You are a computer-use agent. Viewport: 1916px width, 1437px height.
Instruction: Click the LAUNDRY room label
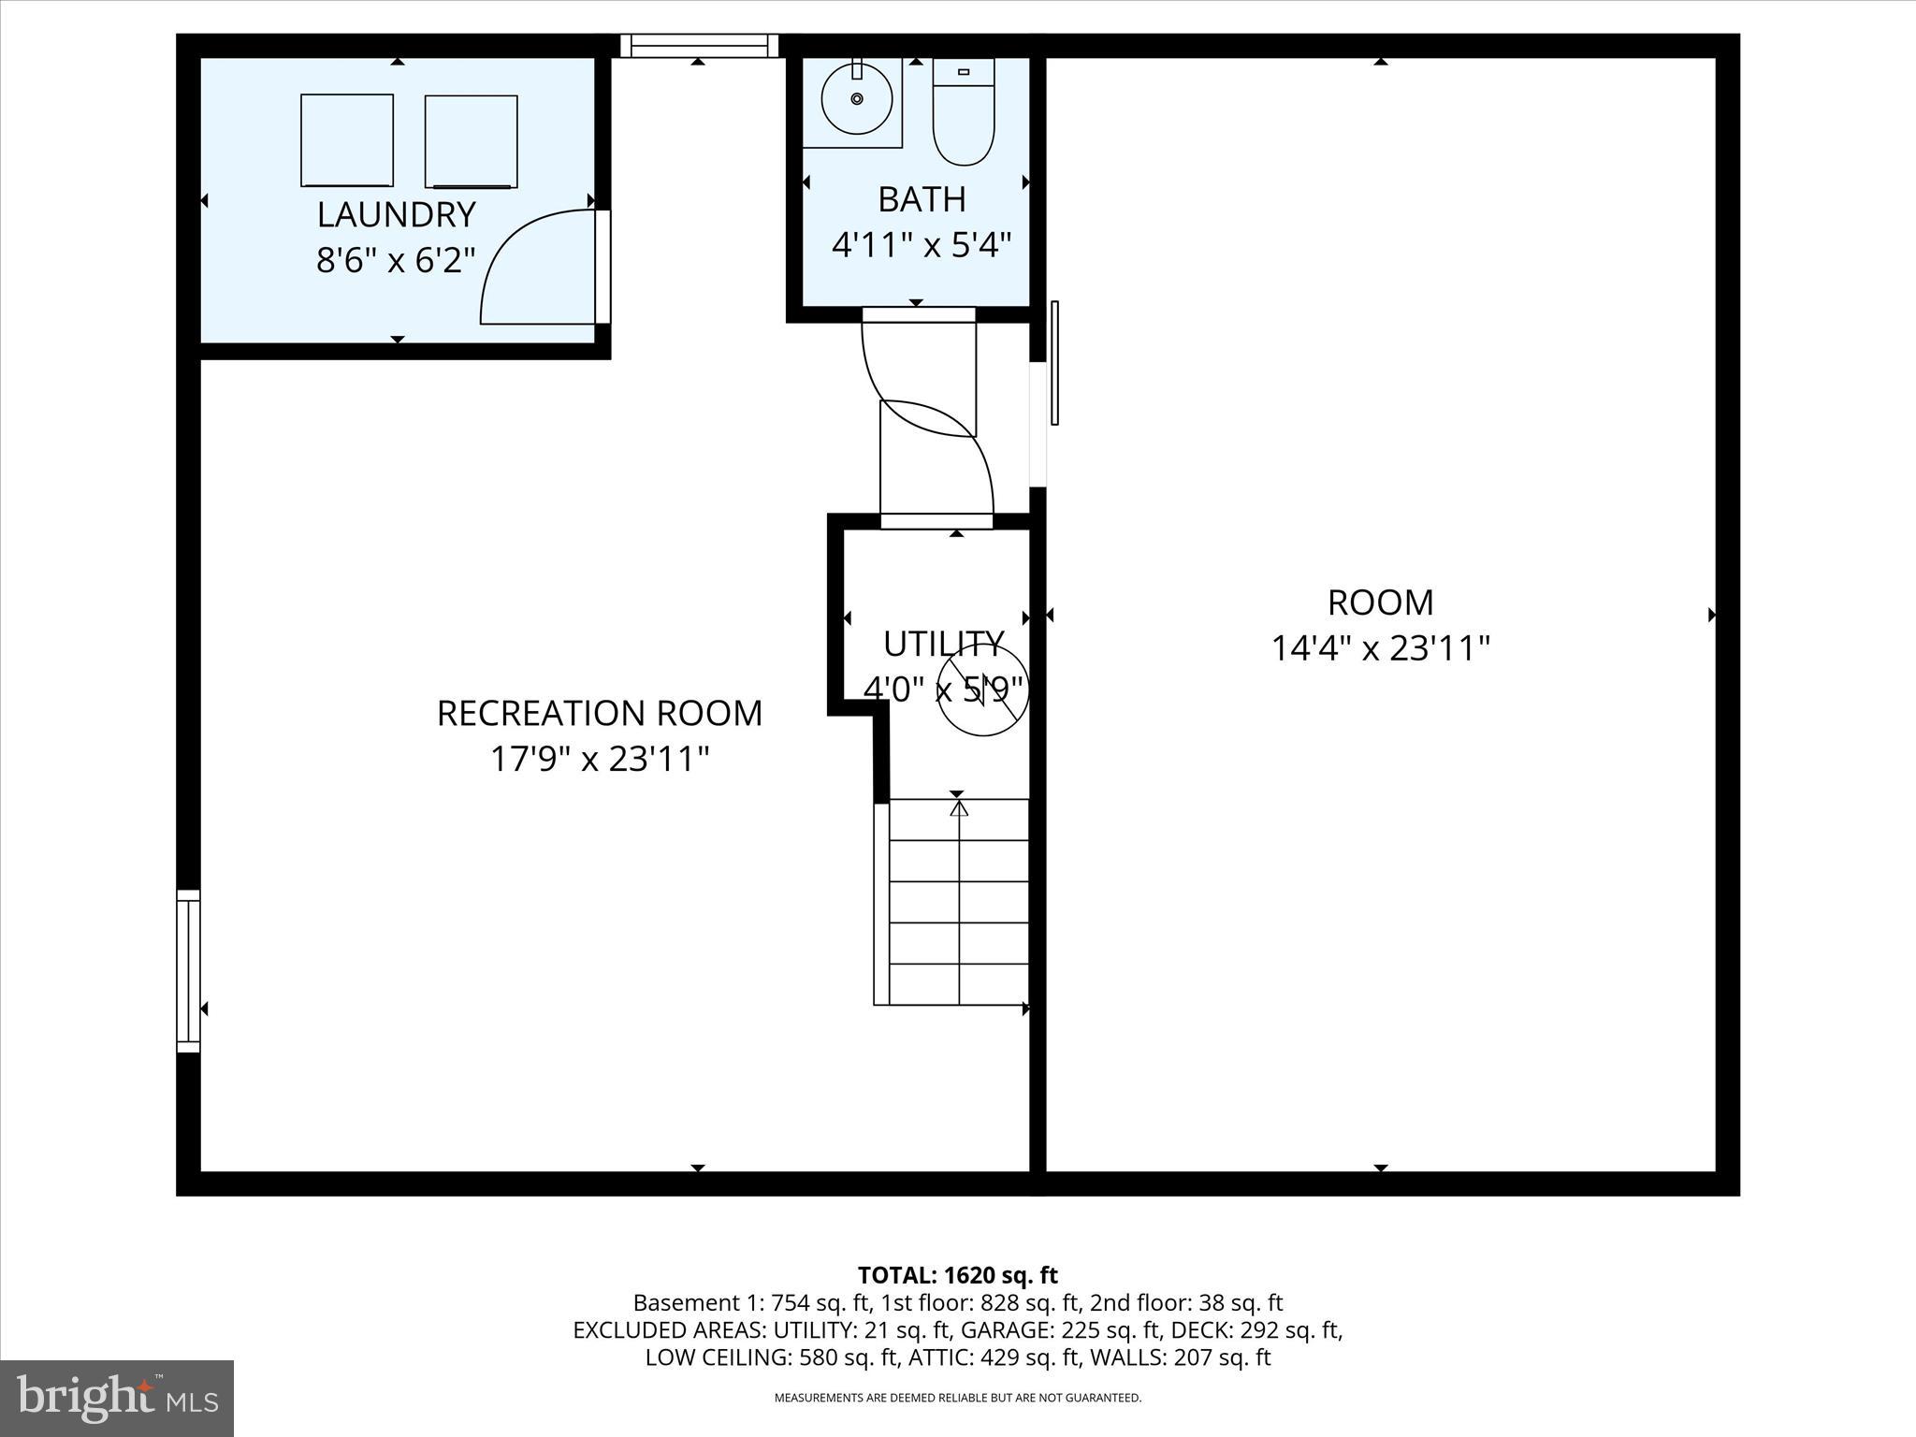[396, 215]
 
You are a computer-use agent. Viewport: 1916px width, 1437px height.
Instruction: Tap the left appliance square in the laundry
[347, 140]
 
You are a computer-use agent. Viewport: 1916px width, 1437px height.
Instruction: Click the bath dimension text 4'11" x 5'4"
[922, 245]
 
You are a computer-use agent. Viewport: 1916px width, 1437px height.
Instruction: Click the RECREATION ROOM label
[600, 714]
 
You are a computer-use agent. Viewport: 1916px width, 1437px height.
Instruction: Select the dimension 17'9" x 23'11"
[600, 759]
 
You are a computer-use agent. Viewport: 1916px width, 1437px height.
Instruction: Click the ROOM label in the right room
[1380, 603]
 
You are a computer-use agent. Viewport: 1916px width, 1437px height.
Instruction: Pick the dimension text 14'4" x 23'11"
[1380, 648]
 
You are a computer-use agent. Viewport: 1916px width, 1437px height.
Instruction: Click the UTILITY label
[943, 644]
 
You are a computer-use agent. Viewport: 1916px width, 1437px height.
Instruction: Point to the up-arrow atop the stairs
[958, 806]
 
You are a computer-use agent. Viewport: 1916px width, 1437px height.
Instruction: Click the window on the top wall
[699, 45]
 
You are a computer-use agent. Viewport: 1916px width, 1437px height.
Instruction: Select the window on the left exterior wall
[188, 970]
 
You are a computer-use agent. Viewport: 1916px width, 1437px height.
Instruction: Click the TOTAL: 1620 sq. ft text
[957, 1275]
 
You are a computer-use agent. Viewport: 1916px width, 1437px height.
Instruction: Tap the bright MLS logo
[117, 1398]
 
